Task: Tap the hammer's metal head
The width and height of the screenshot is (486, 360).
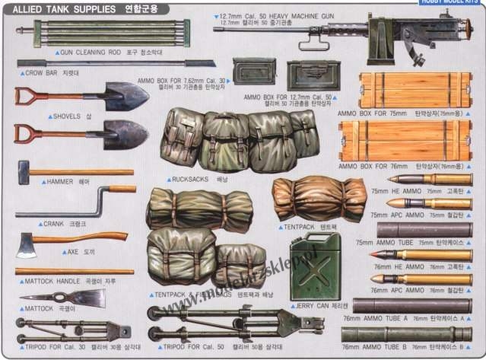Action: [23, 172]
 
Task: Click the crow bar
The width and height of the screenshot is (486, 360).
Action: [99, 65]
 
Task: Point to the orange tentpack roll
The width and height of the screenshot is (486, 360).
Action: [319, 198]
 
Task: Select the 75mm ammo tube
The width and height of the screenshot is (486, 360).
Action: [423, 230]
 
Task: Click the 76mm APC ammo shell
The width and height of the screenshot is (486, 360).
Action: [430, 279]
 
